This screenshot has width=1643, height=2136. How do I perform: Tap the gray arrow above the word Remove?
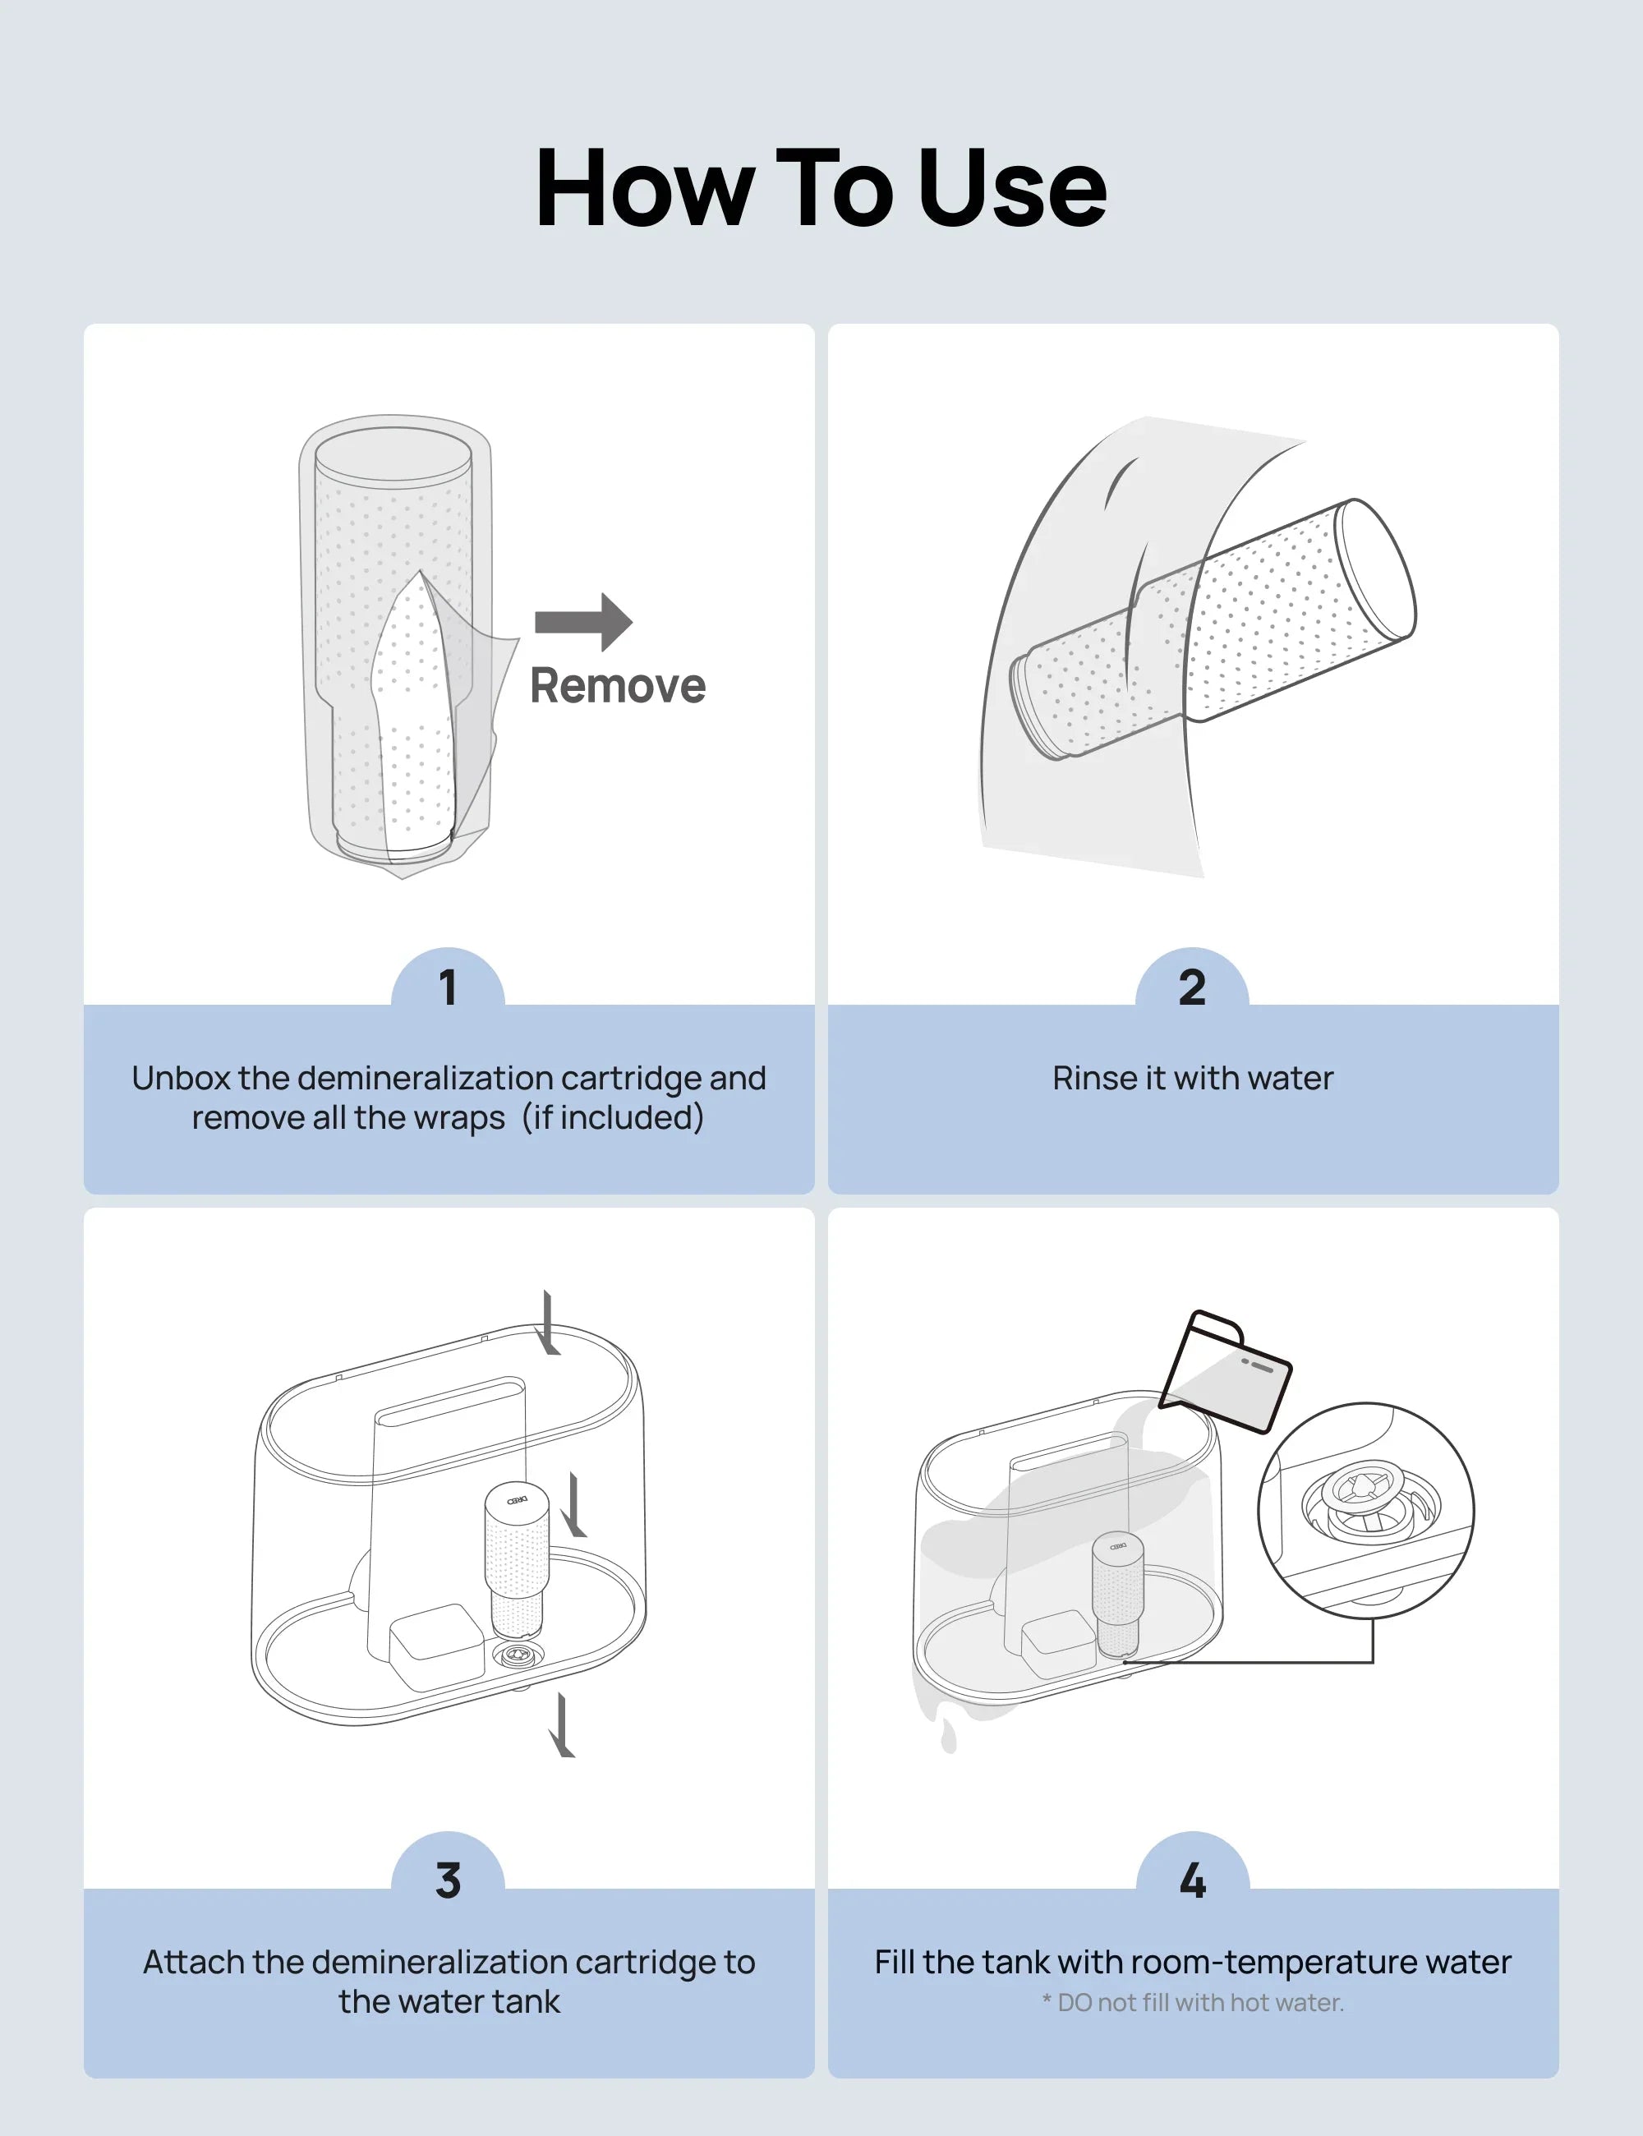(584, 621)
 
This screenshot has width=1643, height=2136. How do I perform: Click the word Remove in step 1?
(617, 686)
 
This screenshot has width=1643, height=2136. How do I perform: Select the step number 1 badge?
(448, 987)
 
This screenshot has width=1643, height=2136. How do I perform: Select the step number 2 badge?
(1191, 987)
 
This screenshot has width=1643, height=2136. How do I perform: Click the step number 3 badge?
(448, 1880)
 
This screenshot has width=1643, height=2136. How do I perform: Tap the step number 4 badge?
(1191, 1880)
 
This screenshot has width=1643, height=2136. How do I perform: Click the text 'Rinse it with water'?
(1192, 1078)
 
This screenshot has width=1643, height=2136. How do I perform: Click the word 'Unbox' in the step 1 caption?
(181, 1078)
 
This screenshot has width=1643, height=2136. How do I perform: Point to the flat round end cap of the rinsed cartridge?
(1376, 567)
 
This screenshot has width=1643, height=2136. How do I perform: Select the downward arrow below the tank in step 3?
(561, 1726)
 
